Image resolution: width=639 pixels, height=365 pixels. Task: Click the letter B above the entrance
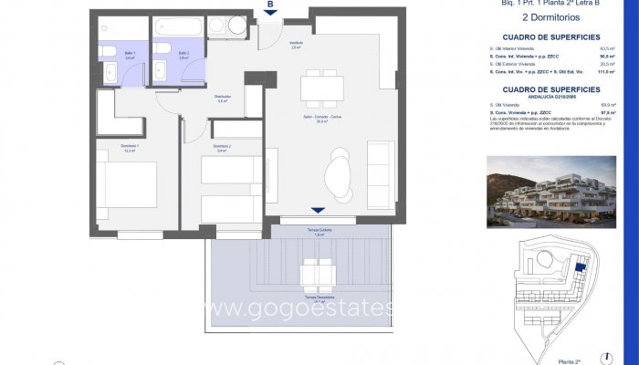pos(270,5)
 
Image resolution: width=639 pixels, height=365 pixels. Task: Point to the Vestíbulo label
pos(296,44)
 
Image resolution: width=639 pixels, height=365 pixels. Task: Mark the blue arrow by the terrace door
pos(317,210)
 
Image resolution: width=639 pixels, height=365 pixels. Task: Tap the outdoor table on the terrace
pos(318,270)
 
